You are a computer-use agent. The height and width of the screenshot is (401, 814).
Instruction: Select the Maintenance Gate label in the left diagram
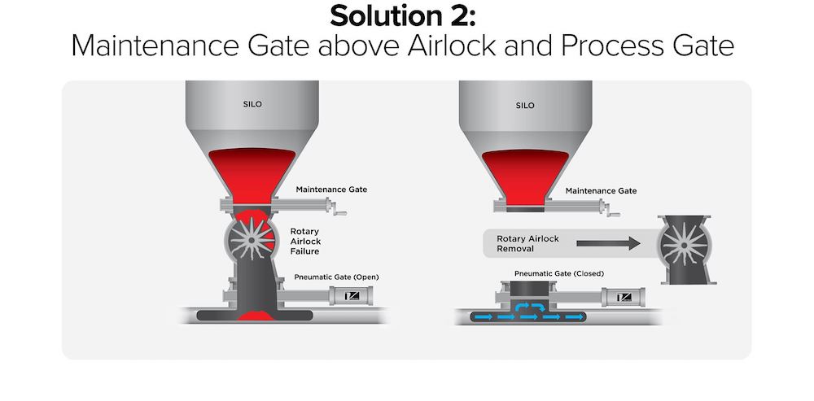coord(331,190)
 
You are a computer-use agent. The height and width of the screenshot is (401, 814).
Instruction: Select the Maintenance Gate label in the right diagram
coord(600,191)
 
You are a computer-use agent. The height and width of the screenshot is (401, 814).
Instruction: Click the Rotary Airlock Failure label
coord(307,242)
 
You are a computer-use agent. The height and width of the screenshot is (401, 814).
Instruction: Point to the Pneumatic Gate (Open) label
coord(336,277)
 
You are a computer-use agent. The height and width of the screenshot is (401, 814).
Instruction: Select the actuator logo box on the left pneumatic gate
coord(355,297)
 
